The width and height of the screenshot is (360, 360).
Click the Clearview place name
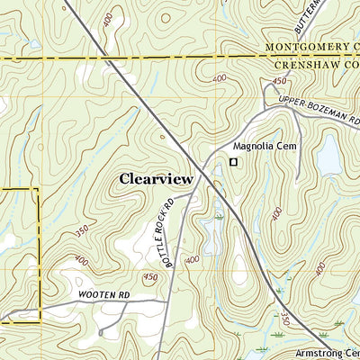156,179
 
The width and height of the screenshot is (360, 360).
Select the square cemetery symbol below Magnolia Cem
233,162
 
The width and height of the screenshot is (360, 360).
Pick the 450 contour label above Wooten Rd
149,277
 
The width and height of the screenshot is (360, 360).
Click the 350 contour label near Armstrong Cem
285,319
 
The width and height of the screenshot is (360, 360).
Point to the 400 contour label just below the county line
220,79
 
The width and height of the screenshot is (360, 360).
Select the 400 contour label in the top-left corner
109,19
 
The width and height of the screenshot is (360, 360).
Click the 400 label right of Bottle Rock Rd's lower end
192,260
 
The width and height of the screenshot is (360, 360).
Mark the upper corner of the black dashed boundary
38,190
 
